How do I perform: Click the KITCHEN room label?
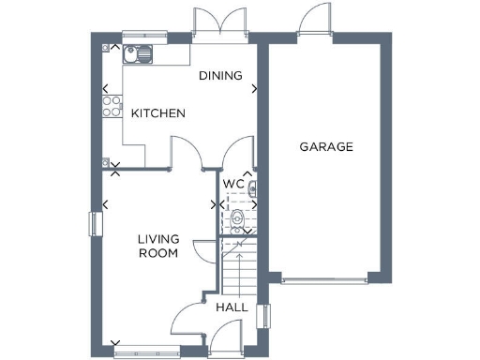[x=157, y=113]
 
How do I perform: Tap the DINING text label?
[x=220, y=76]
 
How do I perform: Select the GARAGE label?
[x=325, y=147]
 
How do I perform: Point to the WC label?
[x=232, y=184]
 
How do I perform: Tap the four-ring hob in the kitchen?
[x=112, y=104]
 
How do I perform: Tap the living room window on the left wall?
[x=94, y=224]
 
